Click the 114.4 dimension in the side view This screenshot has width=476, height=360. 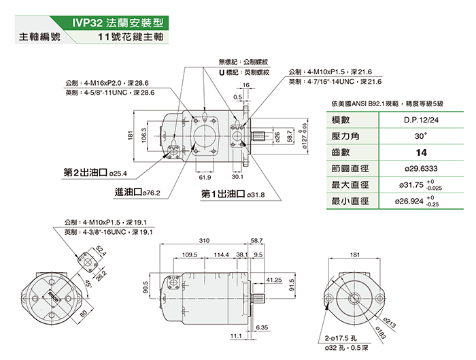click(x=221, y=255)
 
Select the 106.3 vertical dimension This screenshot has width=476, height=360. click(x=144, y=136)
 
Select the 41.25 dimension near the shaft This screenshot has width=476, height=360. click(x=275, y=279)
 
